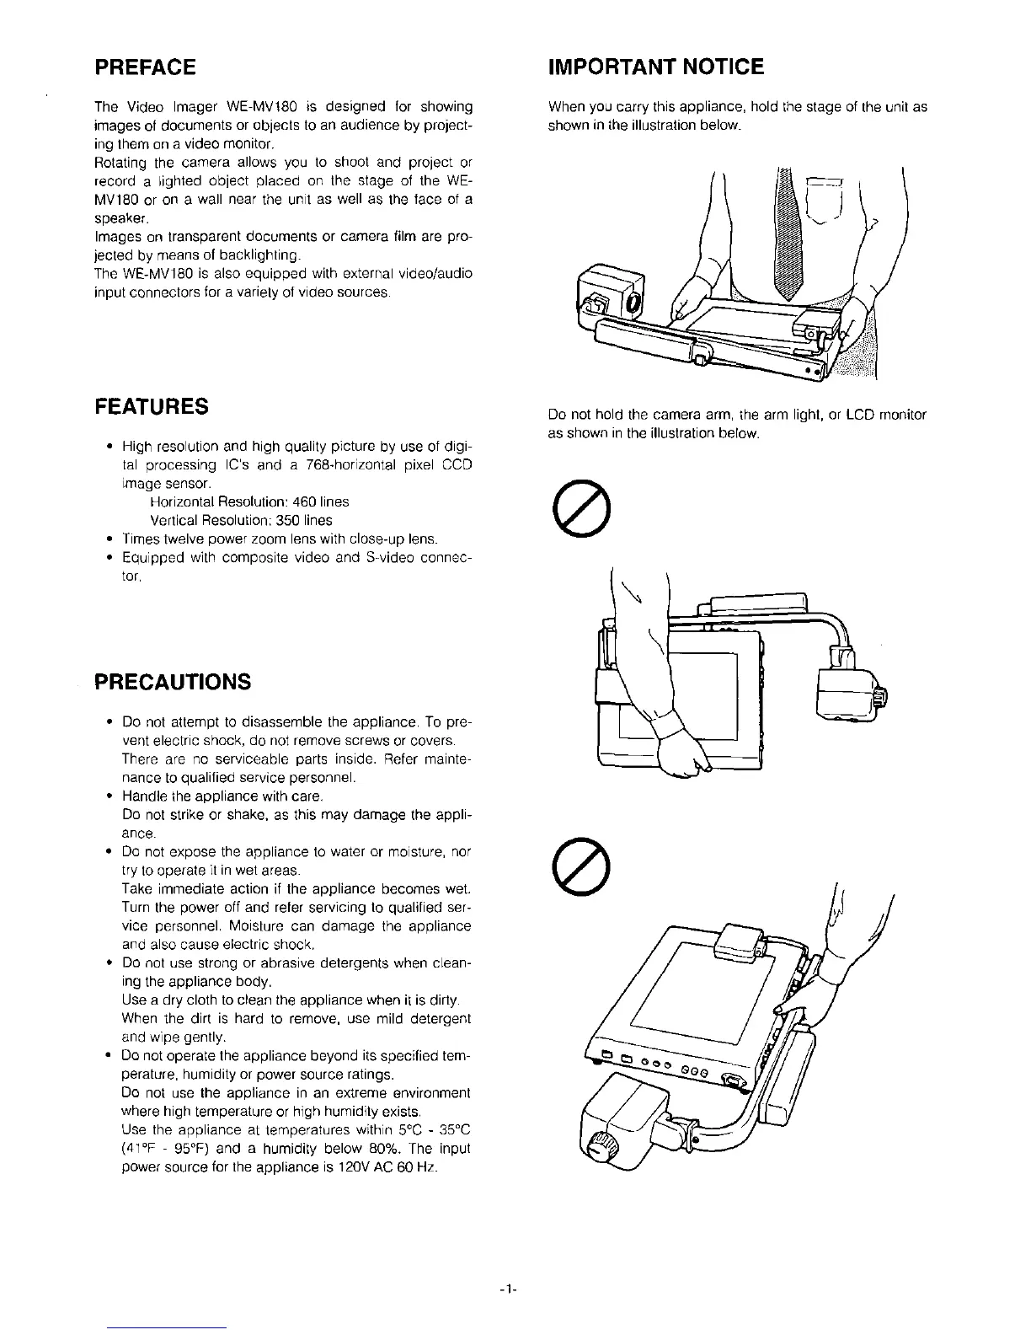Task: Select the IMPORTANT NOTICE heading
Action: coord(655,67)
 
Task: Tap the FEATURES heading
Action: coord(152,406)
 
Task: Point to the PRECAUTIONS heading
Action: coord(172,682)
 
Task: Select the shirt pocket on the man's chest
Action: coord(826,202)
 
